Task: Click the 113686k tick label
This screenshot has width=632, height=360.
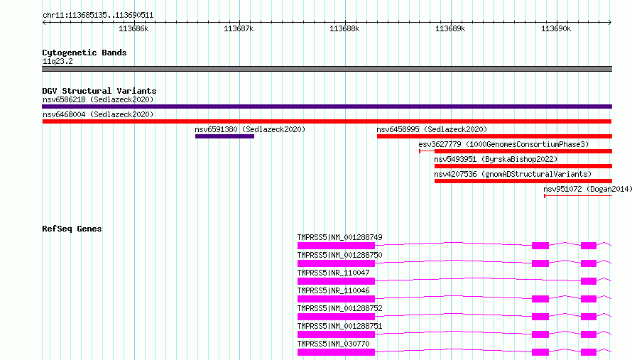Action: [x=134, y=28]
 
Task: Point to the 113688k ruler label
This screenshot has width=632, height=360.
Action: [x=344, y=28]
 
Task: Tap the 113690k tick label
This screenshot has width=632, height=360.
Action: [x=556, y=28]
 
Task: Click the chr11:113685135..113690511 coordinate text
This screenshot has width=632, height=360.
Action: [x=98, y=16]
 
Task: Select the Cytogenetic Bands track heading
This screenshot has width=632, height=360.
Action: [x=85, y=53]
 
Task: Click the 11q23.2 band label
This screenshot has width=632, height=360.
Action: [x=58, y=61]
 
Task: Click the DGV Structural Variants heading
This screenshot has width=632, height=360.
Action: [x=99, y=91]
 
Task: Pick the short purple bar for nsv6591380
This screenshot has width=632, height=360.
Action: [x=224, y=136]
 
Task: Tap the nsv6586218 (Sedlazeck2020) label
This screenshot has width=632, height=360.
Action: [x=98, y=99]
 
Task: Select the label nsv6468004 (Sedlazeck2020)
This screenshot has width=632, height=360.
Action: [x=98, y=114]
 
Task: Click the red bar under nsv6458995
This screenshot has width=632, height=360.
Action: [x=494, y=136]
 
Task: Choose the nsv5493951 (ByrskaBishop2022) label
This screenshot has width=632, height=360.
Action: [x=496, y=159]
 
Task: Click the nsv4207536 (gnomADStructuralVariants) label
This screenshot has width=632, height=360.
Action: [x=513, y=174]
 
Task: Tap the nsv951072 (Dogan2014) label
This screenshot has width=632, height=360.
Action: [x=588, y=189]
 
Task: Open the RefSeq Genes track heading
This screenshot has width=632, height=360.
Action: [x=72, y=229]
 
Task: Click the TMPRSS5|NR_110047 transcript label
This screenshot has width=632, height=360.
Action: [x=333, y=273]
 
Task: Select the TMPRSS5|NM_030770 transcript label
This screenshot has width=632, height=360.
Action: [x=333, y=344]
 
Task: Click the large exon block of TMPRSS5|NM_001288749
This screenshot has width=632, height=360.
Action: [x=336, y=246]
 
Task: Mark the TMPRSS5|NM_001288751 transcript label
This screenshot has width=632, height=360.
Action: [x=339, y=326]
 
